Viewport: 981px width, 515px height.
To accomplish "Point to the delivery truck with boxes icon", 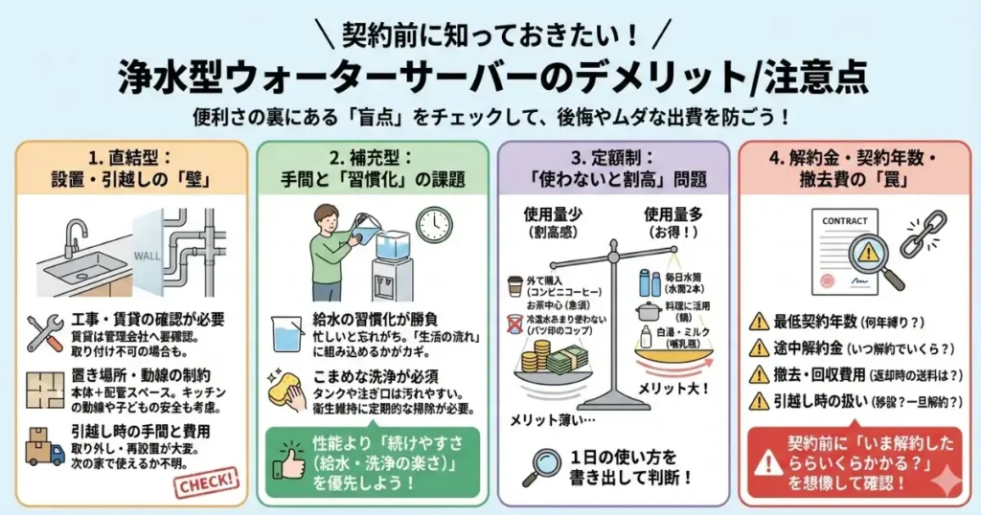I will (45, 445).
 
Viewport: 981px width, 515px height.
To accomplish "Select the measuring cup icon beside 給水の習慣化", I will (285, 330).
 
